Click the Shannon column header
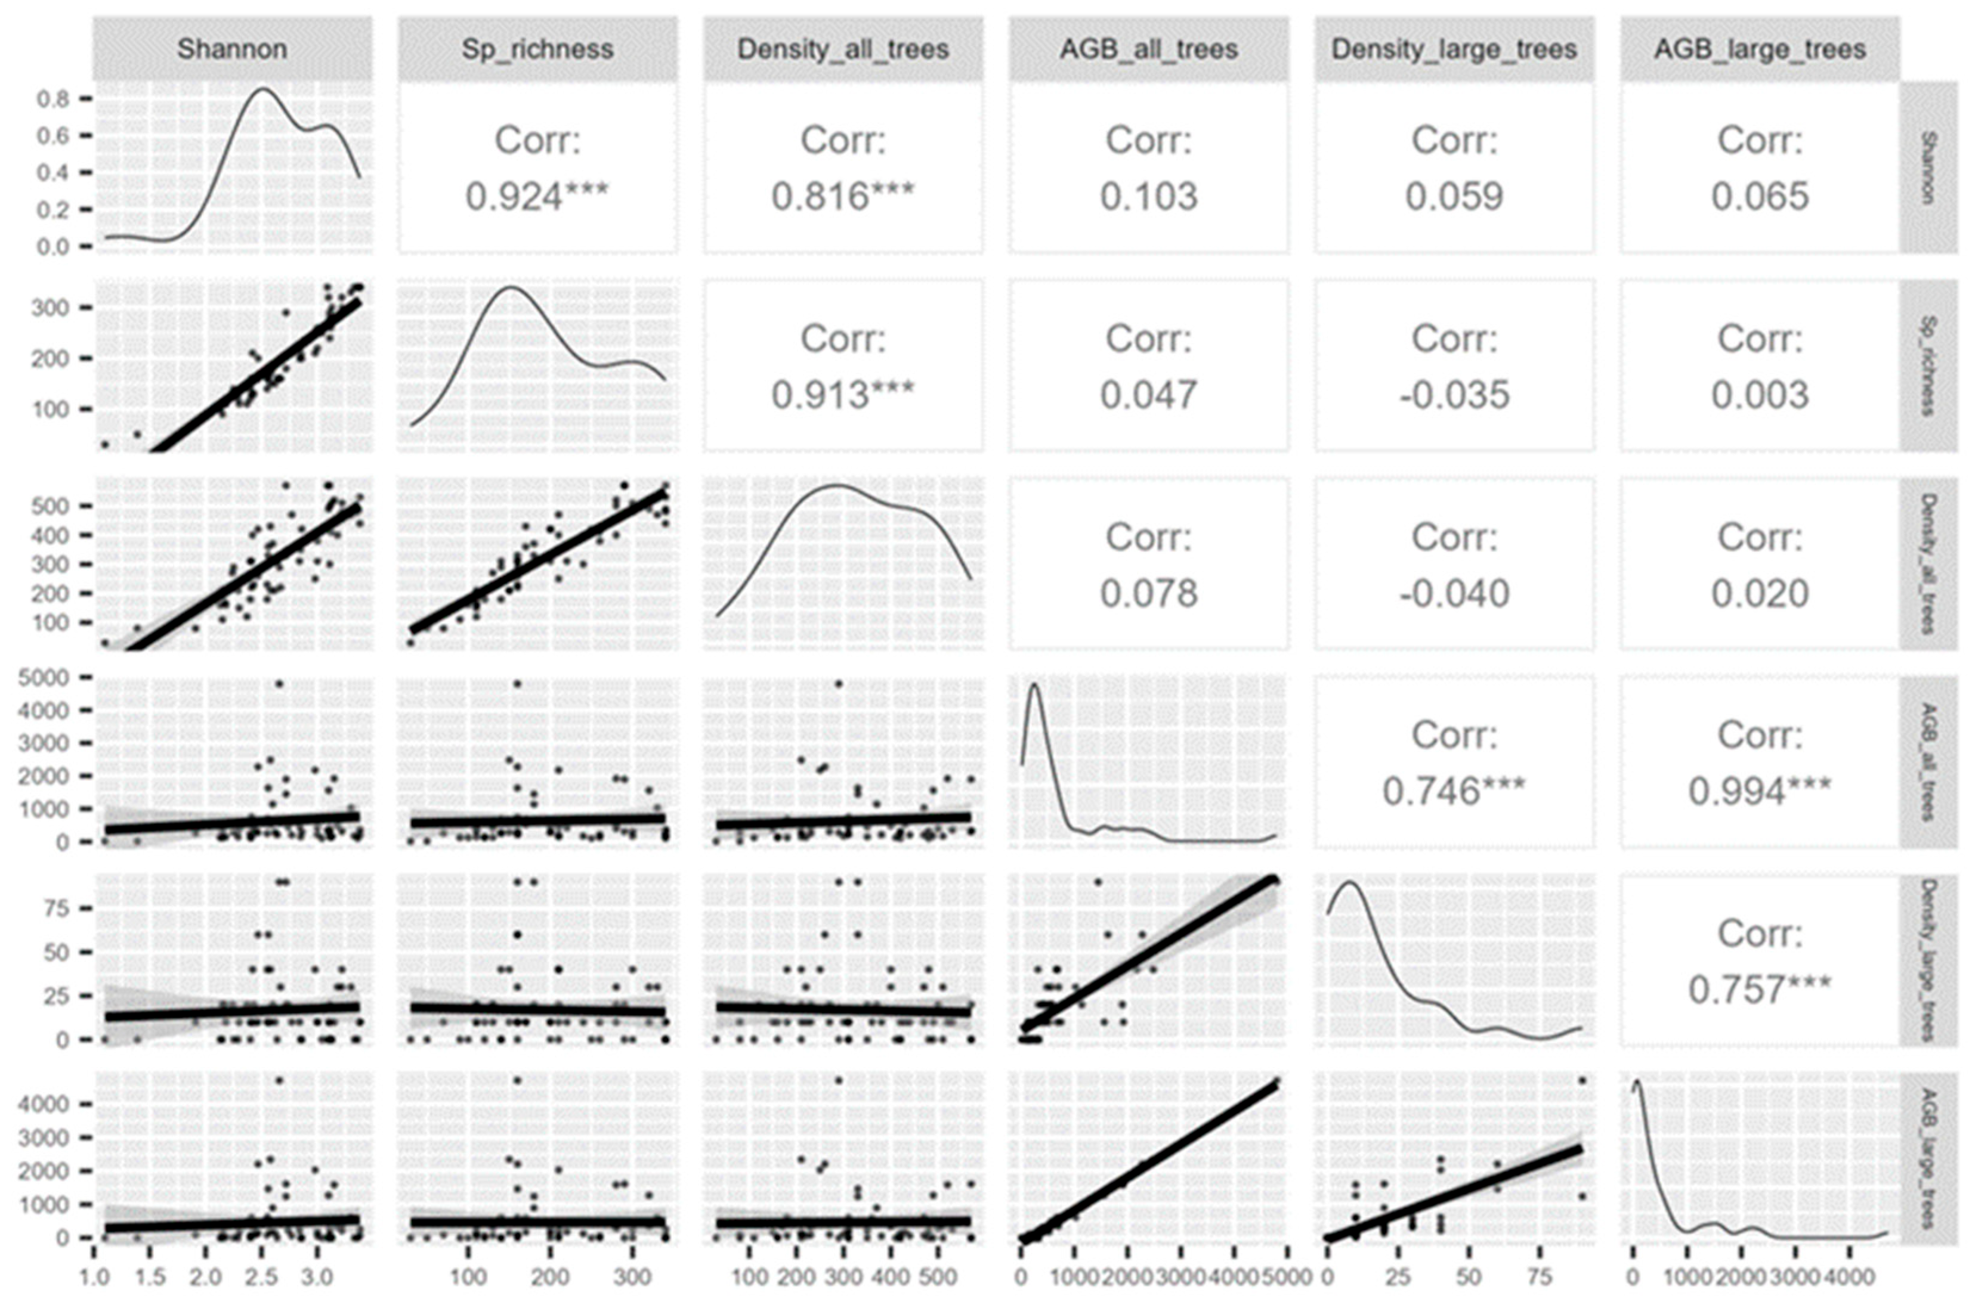(x=232, y=49)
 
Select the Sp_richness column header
(x=537, y=49)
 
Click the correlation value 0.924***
(x=537, y=197)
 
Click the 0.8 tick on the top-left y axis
(x=52, y=98)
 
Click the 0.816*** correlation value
(x=842, y=197)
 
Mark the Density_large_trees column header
(x=1454, y=49)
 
